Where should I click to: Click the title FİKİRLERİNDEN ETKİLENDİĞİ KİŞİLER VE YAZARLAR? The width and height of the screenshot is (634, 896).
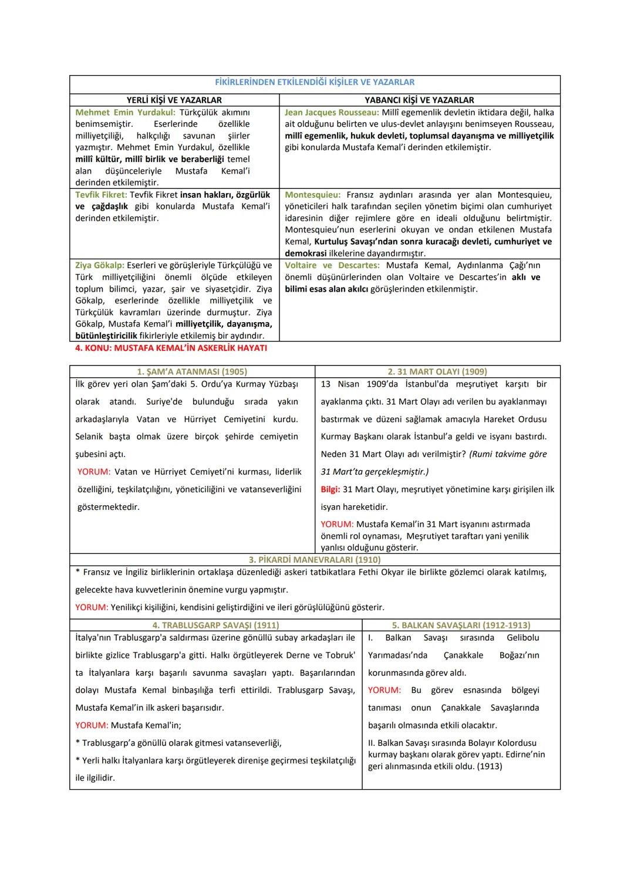coord(315,82)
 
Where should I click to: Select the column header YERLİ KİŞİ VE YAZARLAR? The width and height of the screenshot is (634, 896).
coord(174,100)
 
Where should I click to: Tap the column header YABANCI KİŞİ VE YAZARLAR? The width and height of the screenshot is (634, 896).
coord(419,100)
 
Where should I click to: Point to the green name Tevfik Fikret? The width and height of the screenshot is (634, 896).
coord(101,194)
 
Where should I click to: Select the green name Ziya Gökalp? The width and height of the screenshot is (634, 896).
coord(99,265)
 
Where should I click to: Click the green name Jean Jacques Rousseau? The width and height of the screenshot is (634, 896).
coord(331,112)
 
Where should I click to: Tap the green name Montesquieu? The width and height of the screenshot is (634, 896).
coord(312,194)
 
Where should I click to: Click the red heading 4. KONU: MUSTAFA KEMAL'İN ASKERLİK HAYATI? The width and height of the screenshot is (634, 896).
coord(171,348)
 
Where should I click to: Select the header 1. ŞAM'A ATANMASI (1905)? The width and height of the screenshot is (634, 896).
coord(192,371)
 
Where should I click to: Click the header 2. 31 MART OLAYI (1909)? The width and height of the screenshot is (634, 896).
coord(437,371)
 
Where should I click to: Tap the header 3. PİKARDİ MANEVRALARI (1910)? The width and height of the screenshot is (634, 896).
coord(315,560)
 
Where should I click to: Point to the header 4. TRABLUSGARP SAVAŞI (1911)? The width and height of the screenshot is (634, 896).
coord(215,625)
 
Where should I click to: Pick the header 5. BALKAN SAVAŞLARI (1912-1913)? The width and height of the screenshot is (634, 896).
coord(461,625)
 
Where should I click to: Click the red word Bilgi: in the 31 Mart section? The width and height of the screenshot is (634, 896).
coord(331,489)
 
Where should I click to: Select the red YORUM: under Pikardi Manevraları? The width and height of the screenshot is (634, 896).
coord(92,607)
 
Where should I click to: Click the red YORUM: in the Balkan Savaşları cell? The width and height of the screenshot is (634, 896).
coord(385,690)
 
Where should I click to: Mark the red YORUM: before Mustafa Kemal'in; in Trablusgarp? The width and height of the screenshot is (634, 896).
coord(92,725)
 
